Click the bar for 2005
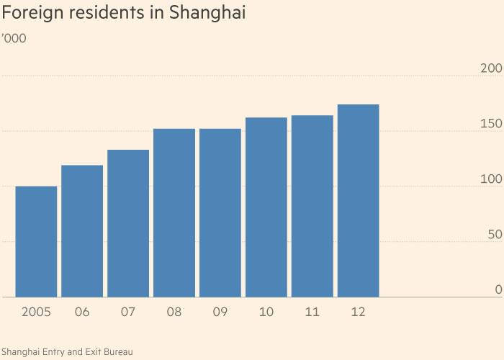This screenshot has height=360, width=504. click(36, 242)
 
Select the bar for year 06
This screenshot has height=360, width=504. click(82, 231)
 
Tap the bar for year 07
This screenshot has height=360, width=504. click(128, 223)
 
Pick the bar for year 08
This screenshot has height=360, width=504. click(174, 213)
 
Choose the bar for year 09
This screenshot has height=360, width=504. click(220, 213)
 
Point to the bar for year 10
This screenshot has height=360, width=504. click(266, 207)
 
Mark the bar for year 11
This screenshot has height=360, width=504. click(312, 207)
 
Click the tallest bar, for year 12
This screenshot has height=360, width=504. click(359, 201)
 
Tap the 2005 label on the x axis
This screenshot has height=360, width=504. click(36, 312)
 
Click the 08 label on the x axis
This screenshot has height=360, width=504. click(174, 312)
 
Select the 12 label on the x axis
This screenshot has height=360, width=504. click(359, 312)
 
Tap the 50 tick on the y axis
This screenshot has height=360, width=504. click(493, 235)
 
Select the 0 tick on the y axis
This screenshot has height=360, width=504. click(498, 289)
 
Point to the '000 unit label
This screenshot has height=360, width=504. click(15, 38)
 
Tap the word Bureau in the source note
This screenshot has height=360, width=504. click(118, 351)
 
